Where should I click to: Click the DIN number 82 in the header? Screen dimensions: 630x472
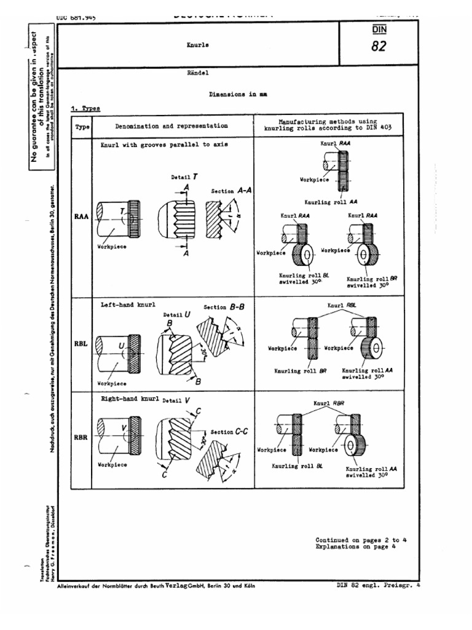(379, 46)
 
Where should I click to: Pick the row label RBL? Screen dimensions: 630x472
(81, 344)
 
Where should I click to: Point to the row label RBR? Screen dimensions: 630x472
(81, 438)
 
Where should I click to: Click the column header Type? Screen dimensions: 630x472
(82, 126)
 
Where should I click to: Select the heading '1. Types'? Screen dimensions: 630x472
(85, 108)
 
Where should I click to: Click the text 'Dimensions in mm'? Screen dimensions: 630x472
(236, 95)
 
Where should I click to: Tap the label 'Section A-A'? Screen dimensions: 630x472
(232, 191)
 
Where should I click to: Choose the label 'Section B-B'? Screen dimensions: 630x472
(224, 307)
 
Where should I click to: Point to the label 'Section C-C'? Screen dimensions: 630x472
(230, 432)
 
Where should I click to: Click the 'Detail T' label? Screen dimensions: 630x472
(184, 177)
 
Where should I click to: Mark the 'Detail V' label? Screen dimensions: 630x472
(176, 400)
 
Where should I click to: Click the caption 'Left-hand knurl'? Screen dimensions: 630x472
(128, 305)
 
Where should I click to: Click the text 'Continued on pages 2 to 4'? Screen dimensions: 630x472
(361, 540)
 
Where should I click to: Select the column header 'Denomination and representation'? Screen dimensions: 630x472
(171, 126)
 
